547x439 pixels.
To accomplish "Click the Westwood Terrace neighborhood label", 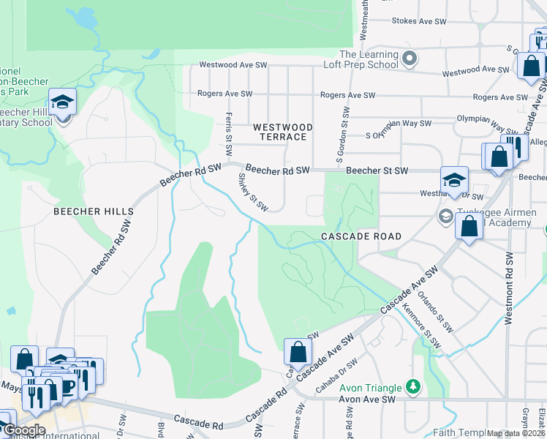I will coord(283,132).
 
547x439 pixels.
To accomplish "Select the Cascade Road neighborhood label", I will coord(361,236).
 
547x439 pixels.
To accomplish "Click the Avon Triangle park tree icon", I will coord(413,386).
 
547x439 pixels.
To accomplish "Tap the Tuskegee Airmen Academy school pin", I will coord(445,217).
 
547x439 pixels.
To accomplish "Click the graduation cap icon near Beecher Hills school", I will coord(63,102).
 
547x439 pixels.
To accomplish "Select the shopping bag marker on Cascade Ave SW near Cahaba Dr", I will coord(298,352).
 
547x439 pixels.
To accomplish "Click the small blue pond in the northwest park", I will coord(85,17).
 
